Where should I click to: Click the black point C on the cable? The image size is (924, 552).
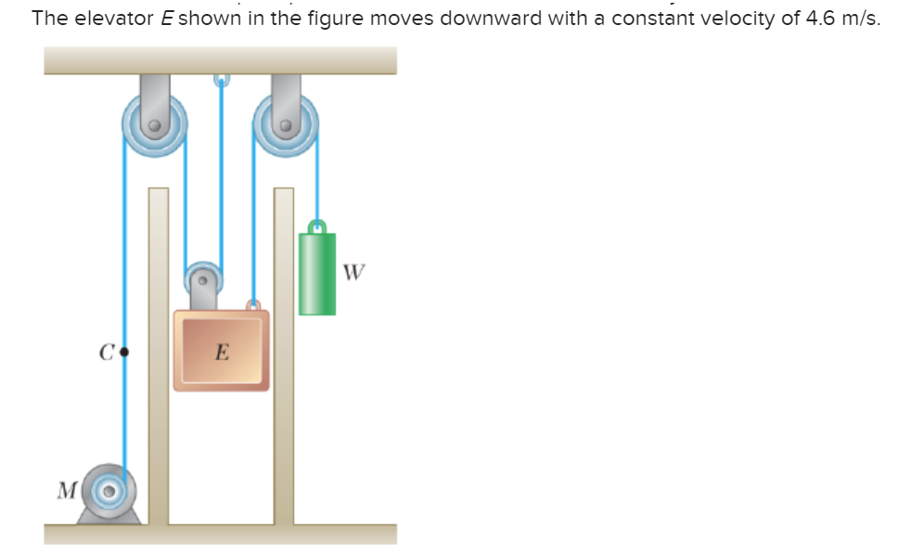click(124, 353)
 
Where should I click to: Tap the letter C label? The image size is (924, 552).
click(107, 353)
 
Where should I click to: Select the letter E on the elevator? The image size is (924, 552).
click(221, 352)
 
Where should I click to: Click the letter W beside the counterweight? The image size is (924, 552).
click(353, 273)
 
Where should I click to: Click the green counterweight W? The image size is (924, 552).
click(317, 274)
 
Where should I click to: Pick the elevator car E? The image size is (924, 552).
click(221, 350)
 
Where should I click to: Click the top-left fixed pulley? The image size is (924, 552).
click(155, 123)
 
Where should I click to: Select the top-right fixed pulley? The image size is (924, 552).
click(286, 123)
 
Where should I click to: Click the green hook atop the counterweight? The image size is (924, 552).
click(317, 225)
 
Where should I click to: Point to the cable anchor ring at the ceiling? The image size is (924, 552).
click(221, 80)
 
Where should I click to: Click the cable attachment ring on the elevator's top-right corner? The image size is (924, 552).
click(252, 304)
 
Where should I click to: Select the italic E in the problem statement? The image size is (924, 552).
click(168, 19)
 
